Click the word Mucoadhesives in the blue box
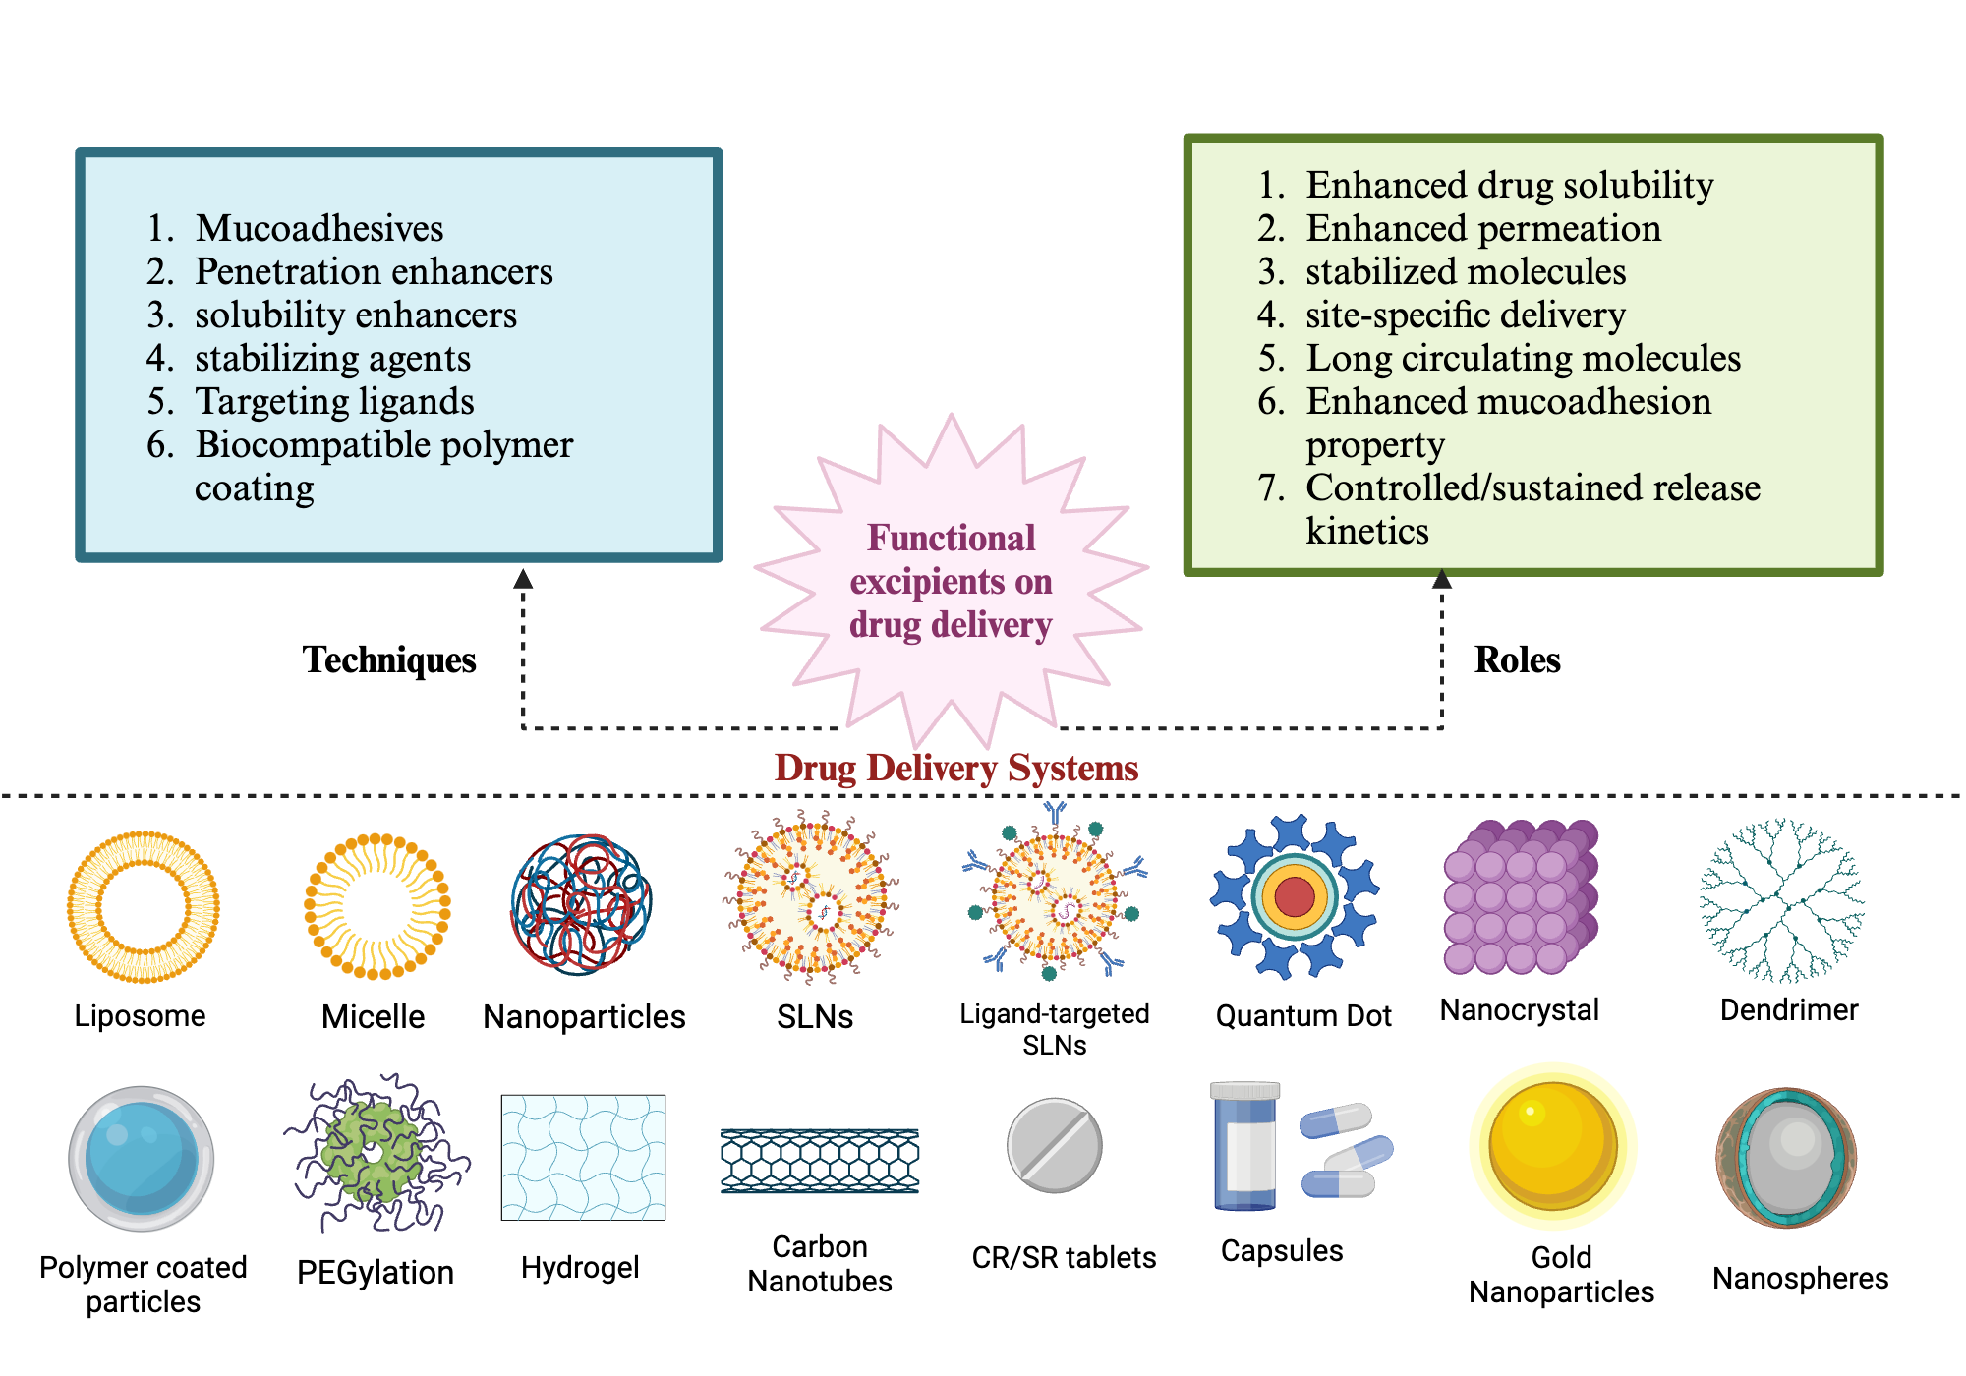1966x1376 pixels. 319,228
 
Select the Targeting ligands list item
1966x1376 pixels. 334,401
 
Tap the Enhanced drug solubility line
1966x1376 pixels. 1509,185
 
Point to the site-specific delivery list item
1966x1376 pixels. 1465,315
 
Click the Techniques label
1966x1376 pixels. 389,659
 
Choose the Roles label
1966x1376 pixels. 1517,659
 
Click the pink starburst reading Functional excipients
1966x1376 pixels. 951,581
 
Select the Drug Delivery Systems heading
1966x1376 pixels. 956,768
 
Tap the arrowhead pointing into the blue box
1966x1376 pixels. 524,579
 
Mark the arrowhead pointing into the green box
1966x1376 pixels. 1442,579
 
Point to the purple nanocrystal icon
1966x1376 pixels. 1521,896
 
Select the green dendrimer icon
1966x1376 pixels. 1781,900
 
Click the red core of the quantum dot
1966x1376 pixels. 1295,896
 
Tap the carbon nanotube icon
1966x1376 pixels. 820,1161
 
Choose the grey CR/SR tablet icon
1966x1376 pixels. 1055,1145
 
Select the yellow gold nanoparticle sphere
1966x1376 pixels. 1553,1145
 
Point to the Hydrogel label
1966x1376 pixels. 580,1268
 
